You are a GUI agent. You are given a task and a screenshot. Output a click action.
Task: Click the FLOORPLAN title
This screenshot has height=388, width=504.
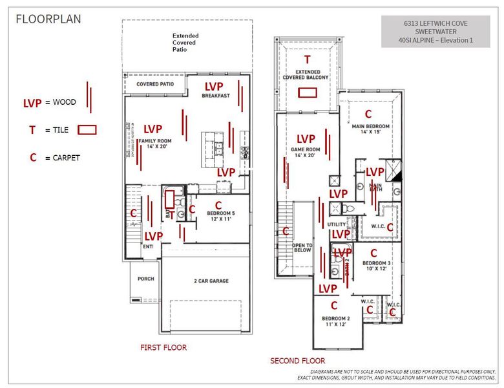[48, 19]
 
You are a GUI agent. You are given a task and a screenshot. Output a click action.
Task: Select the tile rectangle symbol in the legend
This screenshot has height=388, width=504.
[87, 130]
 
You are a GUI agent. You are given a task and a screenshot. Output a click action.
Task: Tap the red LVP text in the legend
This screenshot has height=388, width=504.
[32, 102]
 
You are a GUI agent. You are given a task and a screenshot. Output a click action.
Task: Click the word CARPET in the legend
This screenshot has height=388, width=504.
[66, 157]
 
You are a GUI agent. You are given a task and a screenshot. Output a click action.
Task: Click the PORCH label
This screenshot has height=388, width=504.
[145, 279]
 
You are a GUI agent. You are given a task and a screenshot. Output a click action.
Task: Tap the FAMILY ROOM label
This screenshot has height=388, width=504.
[154, 144]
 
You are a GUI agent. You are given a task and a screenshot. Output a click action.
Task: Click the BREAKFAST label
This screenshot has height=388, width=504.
[215, 96]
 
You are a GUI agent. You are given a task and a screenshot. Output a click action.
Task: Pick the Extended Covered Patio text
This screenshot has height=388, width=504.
[185, 42]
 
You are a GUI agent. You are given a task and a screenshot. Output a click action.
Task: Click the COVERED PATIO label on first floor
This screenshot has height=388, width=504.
[155, 84]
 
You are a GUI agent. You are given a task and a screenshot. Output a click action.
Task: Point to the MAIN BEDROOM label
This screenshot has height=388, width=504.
[370, 129]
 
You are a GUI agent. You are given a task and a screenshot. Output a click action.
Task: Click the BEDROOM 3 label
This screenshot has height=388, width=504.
[376, 266]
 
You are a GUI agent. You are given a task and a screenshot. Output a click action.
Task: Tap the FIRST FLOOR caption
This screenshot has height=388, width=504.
[163, 347]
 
